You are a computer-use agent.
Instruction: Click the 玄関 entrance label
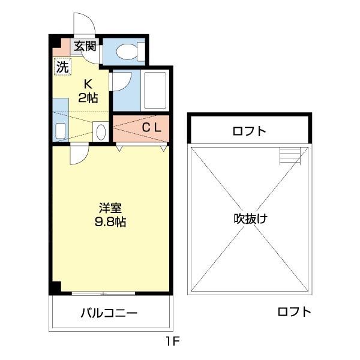tap(85, 45)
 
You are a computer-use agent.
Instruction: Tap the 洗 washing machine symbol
tap(62, 67)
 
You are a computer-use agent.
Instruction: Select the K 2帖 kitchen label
tap(88, 91)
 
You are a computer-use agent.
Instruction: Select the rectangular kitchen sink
tap(60, 130)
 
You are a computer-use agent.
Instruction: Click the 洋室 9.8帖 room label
tap(112, 215)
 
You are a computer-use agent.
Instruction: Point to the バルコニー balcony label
tap(109, 313)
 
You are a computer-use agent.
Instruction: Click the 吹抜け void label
tap(250, 218)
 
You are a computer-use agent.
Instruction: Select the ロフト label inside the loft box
tap(250, 131)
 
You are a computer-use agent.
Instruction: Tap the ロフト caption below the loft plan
tap(294, 311)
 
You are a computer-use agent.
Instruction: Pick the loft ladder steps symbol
tap(289, 157)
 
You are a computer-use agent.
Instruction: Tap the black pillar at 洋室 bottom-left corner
tap(55, 287)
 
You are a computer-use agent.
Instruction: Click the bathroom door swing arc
tap(119, 82)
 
